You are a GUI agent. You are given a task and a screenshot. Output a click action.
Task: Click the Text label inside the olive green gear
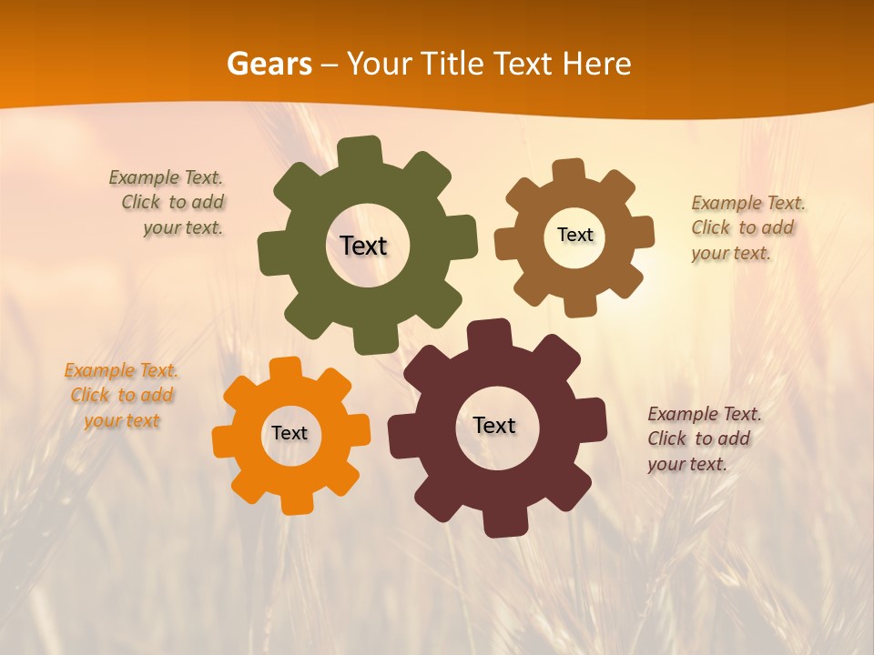pyautogui.click(x=363, y=246)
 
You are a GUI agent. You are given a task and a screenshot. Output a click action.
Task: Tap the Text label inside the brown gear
pyautogui.click(x=574, y=235)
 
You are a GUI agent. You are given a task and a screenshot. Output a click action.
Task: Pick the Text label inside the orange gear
pyautogui.click(x=290, y=433)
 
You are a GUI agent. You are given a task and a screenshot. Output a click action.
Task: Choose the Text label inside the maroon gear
pyautogui.click(x=494, y=425)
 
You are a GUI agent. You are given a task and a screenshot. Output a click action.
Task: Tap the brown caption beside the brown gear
pyautogui.click(x=747, y=227)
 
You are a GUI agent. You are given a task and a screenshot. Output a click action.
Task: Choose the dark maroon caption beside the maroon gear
pyautogui.click(x=703, y=438)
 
